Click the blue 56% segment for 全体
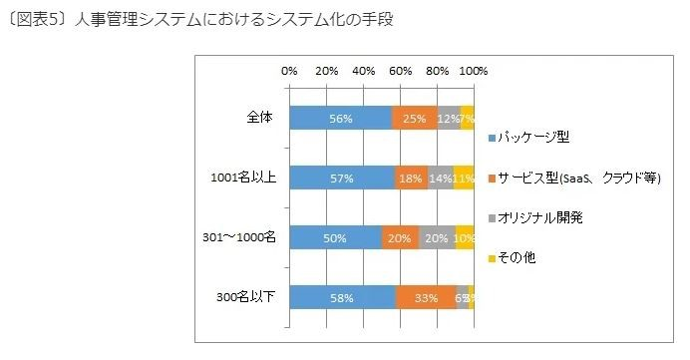point(340,118)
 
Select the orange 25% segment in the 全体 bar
point(415,118)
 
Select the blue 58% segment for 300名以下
point(342,297)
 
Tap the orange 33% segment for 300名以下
point(426,297)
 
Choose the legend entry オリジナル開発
point(539,217)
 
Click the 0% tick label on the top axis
point(289,71)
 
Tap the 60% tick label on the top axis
point(400,71)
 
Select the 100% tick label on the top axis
point(474,71)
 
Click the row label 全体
point(259,118)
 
